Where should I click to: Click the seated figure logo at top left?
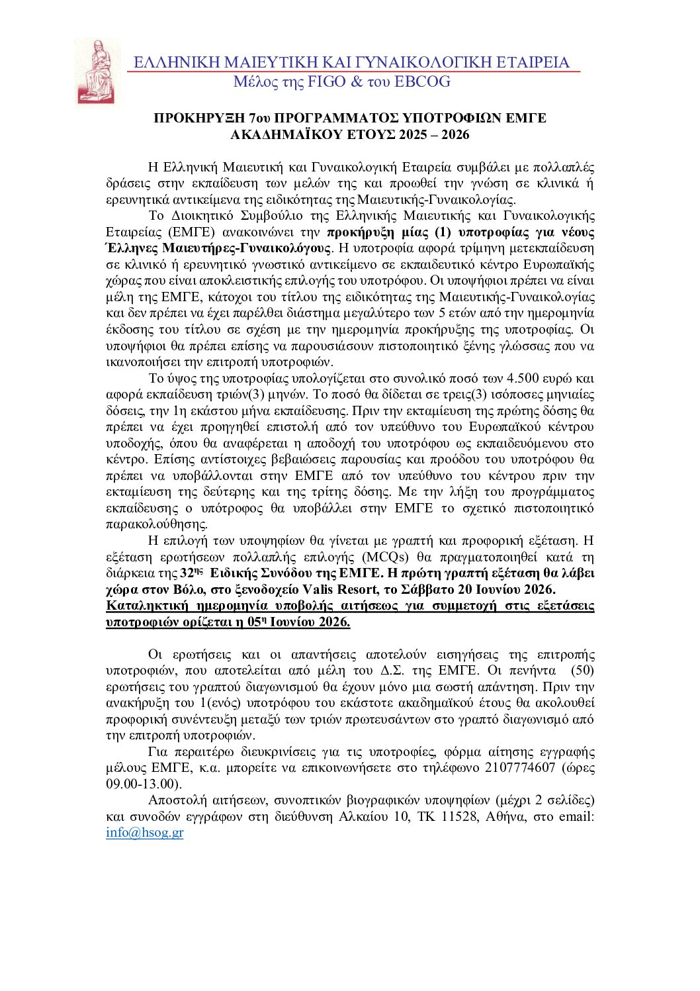point(97,71)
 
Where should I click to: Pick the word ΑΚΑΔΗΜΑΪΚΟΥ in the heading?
point(286,135)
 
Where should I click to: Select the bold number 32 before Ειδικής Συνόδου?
point(187,573)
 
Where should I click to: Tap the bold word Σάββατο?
point(431,589)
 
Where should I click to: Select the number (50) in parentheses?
point(582,671)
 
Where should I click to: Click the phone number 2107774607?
point(519,768)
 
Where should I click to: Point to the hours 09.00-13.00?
point(142,784)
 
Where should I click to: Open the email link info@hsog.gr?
point(144,833)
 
